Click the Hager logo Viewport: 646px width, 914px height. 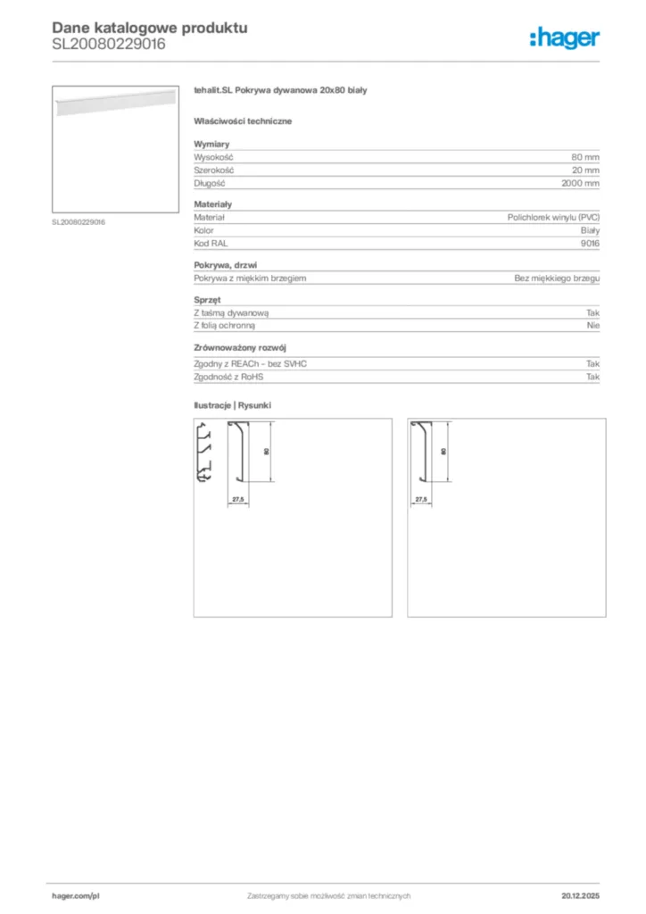tap(564, 37)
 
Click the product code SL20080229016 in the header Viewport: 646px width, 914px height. tap(109, 44)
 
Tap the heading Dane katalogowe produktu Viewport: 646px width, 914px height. tap(149, 28)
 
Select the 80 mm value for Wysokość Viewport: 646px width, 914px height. tap(585, 157)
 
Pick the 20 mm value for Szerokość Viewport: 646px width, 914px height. tap(585, 170)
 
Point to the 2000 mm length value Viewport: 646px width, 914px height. tap(580, 182)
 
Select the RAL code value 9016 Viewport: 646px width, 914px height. tap(590, 243)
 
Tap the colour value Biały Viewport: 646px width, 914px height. tap(589, 230)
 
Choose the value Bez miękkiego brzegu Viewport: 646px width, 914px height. tap(557, 278)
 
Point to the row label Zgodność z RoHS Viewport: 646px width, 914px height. tap(228, 377)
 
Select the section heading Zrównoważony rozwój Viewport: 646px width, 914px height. tap(240, 348)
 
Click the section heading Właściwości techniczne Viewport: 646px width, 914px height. tap(243, 120)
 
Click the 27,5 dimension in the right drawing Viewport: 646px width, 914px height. tap(422, 500)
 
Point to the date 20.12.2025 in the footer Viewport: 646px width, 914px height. tap(580, 895)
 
